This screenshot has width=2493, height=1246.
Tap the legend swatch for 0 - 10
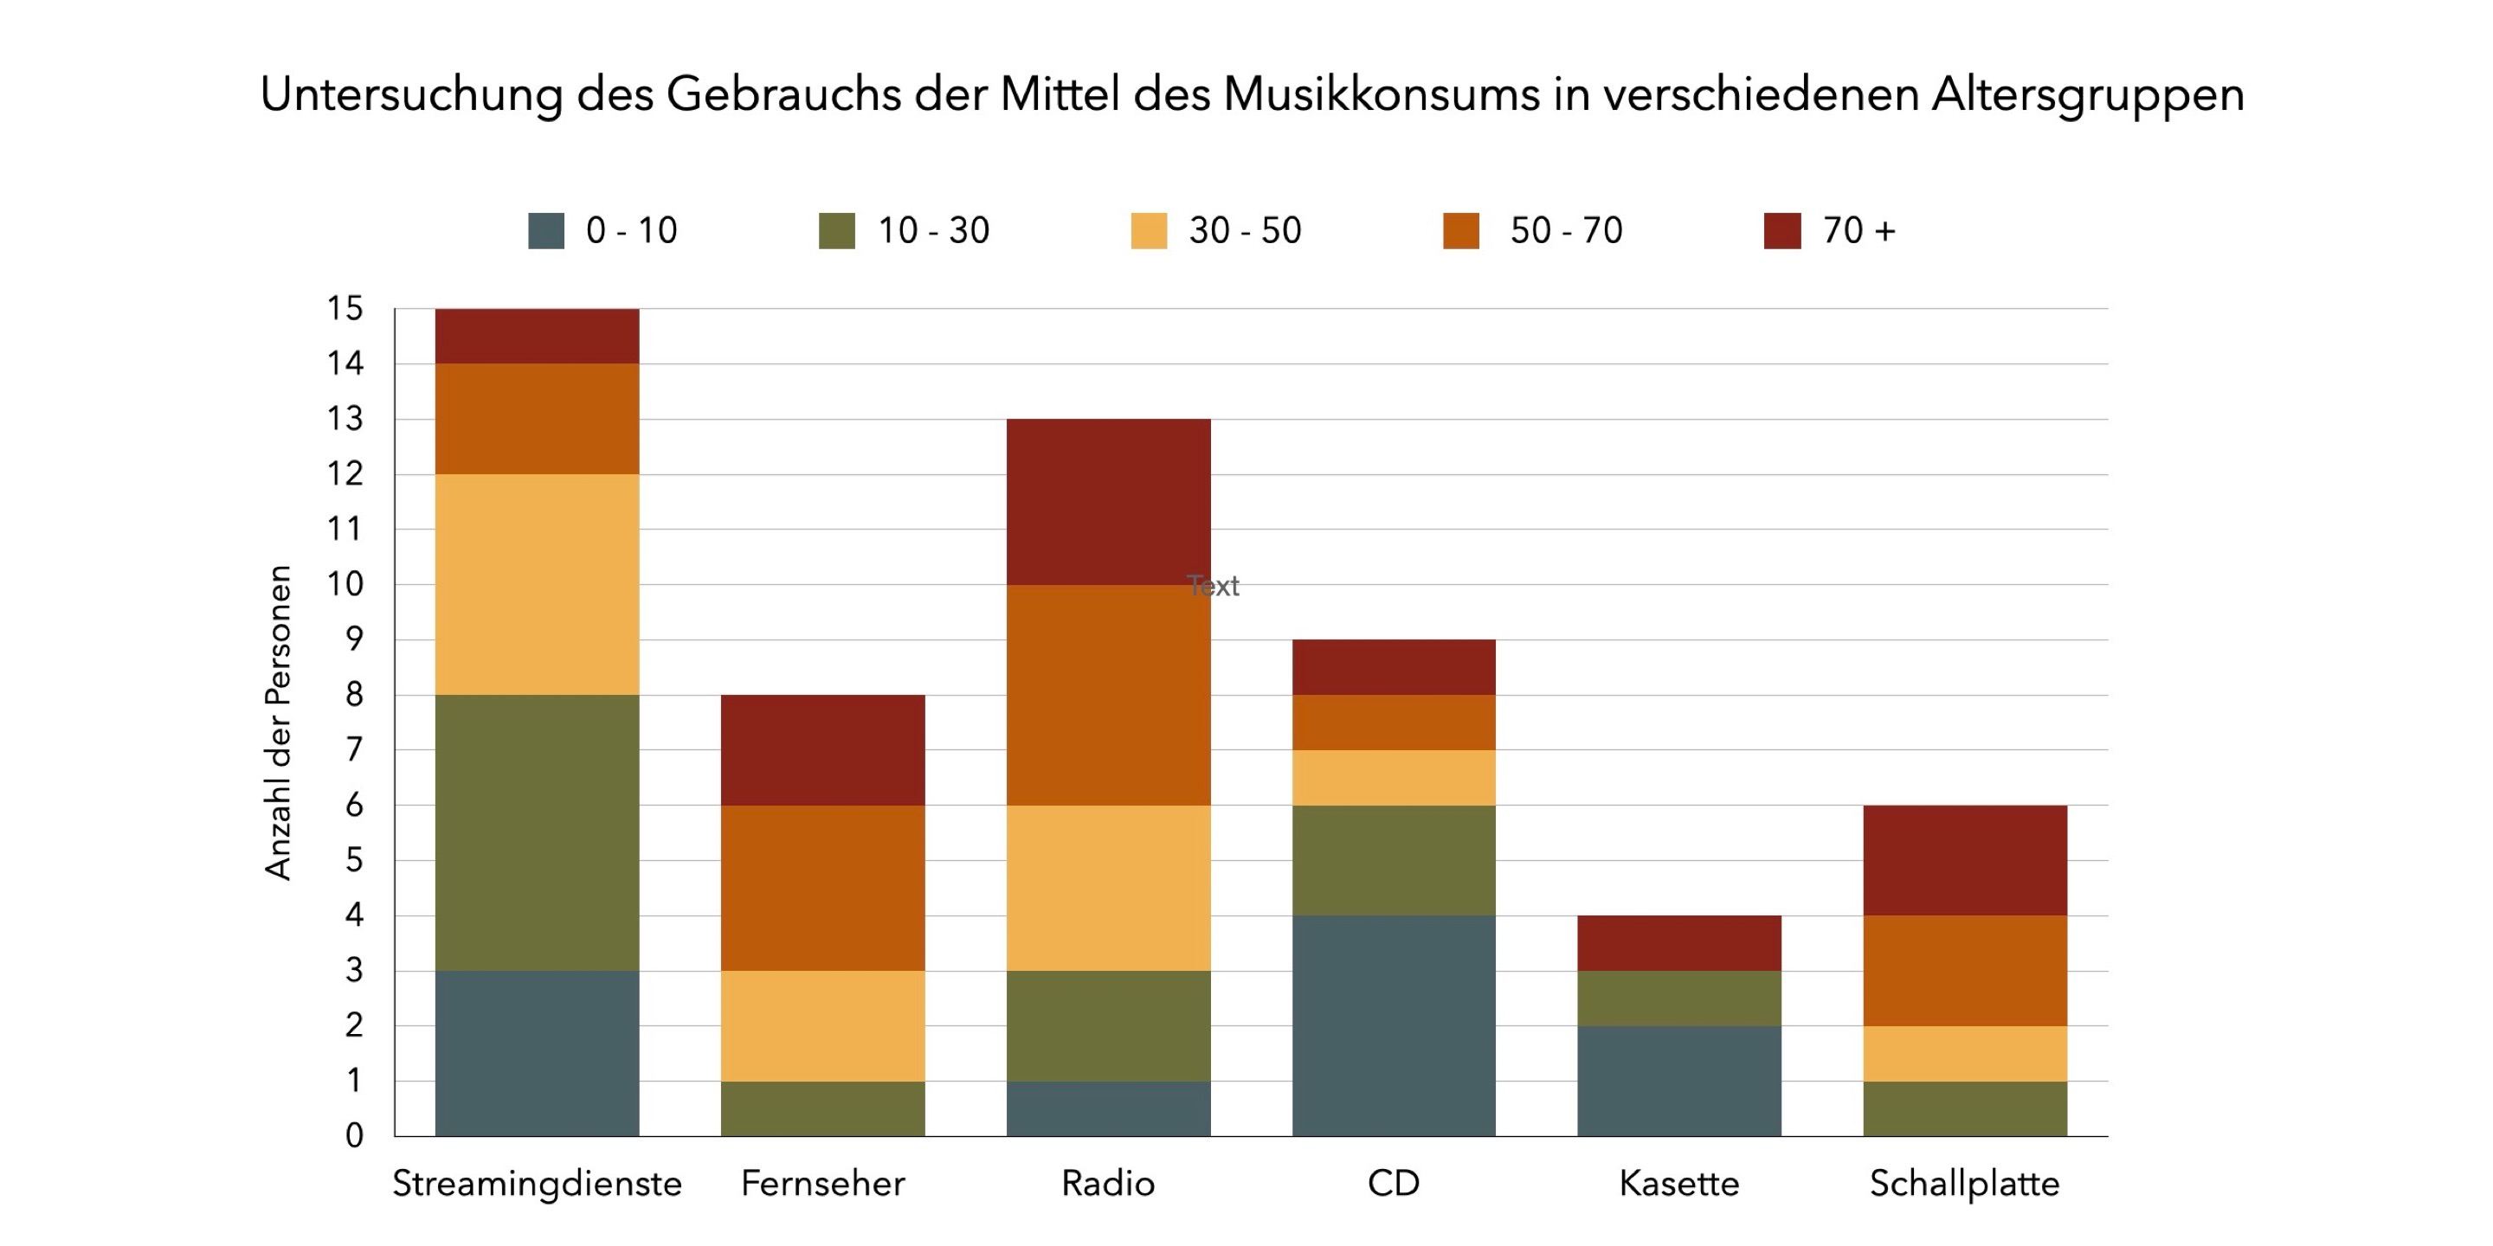[x=546, y=231]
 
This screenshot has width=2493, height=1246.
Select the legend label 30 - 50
[x=1245, y=231]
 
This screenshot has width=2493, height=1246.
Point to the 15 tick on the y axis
[x=345, y=309]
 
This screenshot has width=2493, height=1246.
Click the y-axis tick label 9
[x=354, y=639]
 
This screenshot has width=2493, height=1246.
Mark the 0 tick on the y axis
[x=354, y=1136]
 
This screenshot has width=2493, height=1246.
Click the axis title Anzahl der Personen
[x=279, y=722]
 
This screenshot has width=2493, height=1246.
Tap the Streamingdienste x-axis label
[x=537, y=1184]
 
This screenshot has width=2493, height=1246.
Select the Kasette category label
[x=1679, y=1184]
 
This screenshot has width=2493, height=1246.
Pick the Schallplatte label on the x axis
[x=1965, y=1184]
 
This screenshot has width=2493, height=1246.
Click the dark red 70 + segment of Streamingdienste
[x=537, y=336]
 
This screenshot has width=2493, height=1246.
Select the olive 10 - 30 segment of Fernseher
[x=822, y=1108]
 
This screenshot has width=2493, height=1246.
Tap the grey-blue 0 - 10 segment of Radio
[x=1108, y=1108]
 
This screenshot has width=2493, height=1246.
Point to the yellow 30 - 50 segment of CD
[x=1394, y=778]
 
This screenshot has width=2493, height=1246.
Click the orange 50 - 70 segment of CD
[x=1394, y=723]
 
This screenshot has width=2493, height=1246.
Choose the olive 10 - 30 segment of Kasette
[x=1679, y=999]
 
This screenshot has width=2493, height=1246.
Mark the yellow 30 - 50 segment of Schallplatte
[x=1965, y=1054]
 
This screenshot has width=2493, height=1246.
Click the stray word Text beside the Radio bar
[x=1214, y=587]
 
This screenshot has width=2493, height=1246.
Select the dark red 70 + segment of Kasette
[x=1679, y=943]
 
